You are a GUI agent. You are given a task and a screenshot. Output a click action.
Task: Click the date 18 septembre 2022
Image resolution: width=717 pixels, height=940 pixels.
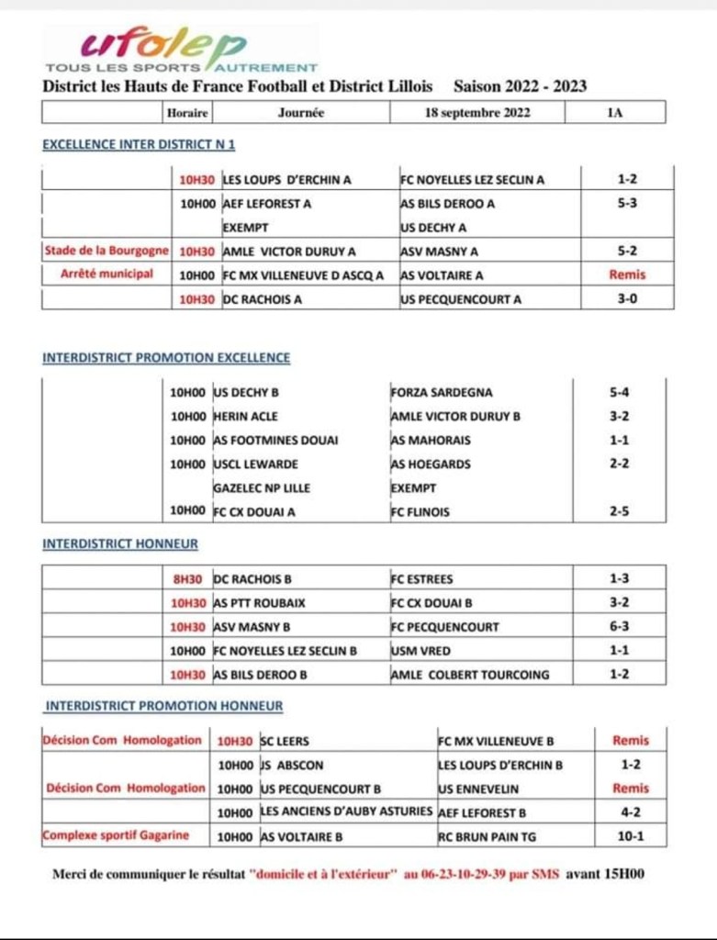click(x=477, y=113)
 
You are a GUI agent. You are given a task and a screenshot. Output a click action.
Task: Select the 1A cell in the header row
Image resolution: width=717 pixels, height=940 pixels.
click(x=614, y=113)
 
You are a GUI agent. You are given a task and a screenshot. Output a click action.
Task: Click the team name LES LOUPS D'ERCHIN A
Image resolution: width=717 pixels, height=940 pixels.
click(x=287, y=180)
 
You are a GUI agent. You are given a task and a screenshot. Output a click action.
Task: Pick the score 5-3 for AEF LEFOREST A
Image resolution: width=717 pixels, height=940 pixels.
click(x=628, y=204)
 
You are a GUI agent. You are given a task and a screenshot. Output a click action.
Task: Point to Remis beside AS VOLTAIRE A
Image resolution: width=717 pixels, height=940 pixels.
click(x=628, y=274)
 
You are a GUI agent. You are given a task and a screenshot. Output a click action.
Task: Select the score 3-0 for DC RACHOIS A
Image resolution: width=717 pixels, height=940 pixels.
click(x=628, y=298)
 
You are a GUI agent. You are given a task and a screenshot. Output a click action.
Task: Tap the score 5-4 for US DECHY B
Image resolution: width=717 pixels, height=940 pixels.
click(x=620, y=393)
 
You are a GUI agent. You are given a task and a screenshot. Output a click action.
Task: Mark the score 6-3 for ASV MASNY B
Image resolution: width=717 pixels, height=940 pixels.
click(x=620, y=627)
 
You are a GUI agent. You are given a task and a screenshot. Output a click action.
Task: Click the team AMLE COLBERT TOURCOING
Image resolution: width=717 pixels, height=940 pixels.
click(x=470, y=675)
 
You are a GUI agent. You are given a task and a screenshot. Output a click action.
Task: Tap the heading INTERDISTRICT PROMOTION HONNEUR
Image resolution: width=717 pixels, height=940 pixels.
click(x=164, y=706)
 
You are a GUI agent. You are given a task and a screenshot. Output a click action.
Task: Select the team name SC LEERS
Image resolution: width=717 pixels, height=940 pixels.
click(x=286, y=741)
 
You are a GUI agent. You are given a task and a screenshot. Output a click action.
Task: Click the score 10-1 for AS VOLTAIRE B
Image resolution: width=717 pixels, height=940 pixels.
click(x=631, y=835)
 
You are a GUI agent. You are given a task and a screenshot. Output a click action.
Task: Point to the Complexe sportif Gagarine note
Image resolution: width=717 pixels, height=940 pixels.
click(x=116, y=835)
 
